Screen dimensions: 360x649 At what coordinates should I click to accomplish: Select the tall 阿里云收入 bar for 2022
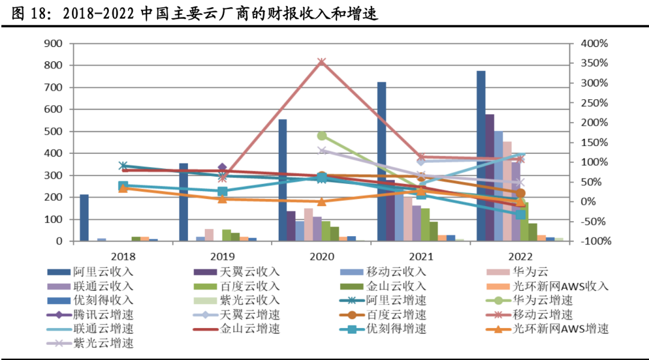pyautogui.click(x=481, y=156)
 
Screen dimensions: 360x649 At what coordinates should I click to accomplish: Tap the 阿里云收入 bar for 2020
pyautogui.click(x=282, y=180)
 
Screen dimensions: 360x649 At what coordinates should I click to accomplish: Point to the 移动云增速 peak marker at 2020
pyautogui.click(x=321, y=62)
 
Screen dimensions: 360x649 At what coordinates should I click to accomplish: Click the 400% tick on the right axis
pyautogui.click(x=595, y=43)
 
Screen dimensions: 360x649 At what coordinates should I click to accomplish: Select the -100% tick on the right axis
pyautogui.click(x=594, y=241)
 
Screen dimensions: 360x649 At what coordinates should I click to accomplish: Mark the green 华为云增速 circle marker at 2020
pyautogui.click(x=321, y=136)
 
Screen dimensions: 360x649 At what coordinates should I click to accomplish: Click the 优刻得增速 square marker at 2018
pyautogui.click(x=123, y=186)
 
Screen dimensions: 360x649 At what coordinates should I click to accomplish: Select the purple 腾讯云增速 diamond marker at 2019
pyautogui.click(x=222, y=168)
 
